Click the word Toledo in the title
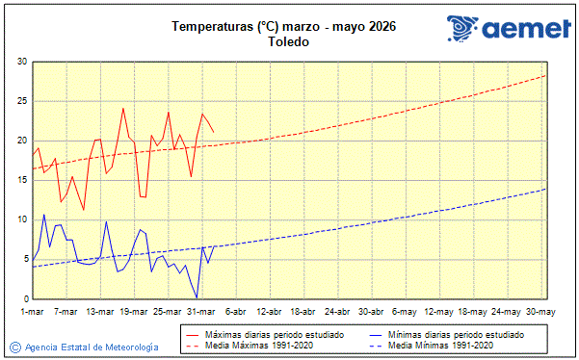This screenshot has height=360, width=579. click(289, 42)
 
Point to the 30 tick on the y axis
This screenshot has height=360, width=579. click(20, 62)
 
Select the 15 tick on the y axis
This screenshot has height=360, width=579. click(20, 180)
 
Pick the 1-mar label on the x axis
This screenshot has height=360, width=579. click(32, 312)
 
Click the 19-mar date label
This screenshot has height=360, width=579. click(134, 312)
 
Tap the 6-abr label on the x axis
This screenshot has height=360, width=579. click(236, 312)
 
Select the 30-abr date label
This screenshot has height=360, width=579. click(372, 312)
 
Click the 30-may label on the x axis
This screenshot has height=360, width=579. click(540, 312)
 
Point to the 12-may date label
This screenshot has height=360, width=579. click(438, 312)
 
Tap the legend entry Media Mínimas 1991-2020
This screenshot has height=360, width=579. click(445, 345)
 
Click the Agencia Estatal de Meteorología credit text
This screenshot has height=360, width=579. click(92, 347)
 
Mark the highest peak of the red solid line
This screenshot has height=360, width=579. click(123, 108)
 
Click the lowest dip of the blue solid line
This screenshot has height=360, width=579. click(197, 297)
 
